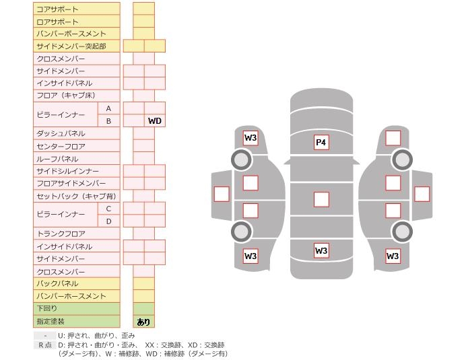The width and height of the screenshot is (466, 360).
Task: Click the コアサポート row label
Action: [x=57, y=9]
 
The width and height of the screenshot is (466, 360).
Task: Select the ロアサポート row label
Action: [x=57, y=22]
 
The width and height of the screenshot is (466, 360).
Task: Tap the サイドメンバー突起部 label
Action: [x=71, y=46]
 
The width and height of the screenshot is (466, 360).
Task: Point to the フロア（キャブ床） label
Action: [x=66, y=96]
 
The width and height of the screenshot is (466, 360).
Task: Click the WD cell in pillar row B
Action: [x=155, y=121]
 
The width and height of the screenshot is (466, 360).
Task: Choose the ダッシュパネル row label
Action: [x=61, y=134]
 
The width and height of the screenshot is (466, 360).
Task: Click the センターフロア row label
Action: [x=61, y=146]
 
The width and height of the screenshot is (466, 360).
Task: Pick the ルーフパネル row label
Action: [x=57, y=159]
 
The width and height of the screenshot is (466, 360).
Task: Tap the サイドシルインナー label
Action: [x=67, y=172]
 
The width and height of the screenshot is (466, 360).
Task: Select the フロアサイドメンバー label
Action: [x=71, y=184]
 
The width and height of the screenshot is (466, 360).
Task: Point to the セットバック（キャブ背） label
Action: [x=75, y=196]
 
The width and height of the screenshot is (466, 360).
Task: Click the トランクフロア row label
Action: [x=61, y=233]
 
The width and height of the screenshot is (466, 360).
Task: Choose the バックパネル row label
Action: [x=57, y=284]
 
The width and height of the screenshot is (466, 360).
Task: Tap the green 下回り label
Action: [x=47, y=309]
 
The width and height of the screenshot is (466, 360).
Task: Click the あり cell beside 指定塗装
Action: [x=143, y=322]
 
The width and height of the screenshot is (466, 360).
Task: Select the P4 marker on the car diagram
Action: [x=321, y=142]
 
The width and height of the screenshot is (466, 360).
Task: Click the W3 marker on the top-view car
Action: [x=321, y=251]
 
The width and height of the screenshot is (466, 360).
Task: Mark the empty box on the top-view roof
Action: [x=321, y=199]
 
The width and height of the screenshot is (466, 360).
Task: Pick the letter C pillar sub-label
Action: [x=108, y=209]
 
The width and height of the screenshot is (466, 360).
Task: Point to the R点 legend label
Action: [x=44, y=345]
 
